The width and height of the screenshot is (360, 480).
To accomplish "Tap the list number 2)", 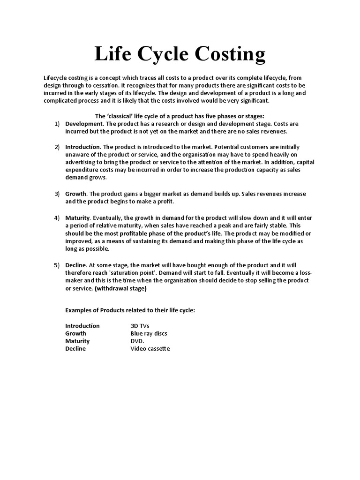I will pos(57,147).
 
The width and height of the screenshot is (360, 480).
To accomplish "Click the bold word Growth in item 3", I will pos(75,194).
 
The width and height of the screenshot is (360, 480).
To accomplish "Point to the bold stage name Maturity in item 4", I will pos(77,218).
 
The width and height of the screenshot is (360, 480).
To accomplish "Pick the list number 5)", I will pos(57,265).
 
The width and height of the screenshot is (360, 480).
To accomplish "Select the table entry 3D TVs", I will pos(140,326).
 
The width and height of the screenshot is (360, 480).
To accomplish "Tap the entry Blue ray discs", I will pos(149,333).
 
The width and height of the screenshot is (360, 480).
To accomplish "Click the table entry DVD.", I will pos(138,341).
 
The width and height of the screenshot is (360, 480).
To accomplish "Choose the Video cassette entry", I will pos(150,349).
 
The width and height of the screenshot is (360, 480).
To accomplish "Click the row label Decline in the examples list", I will pos(75,349).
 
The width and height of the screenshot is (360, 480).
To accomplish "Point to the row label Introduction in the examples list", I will pos(82,326).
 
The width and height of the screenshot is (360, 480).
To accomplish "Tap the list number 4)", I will pos(57,218).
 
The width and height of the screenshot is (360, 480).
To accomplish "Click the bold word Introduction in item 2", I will pos(82,147).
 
